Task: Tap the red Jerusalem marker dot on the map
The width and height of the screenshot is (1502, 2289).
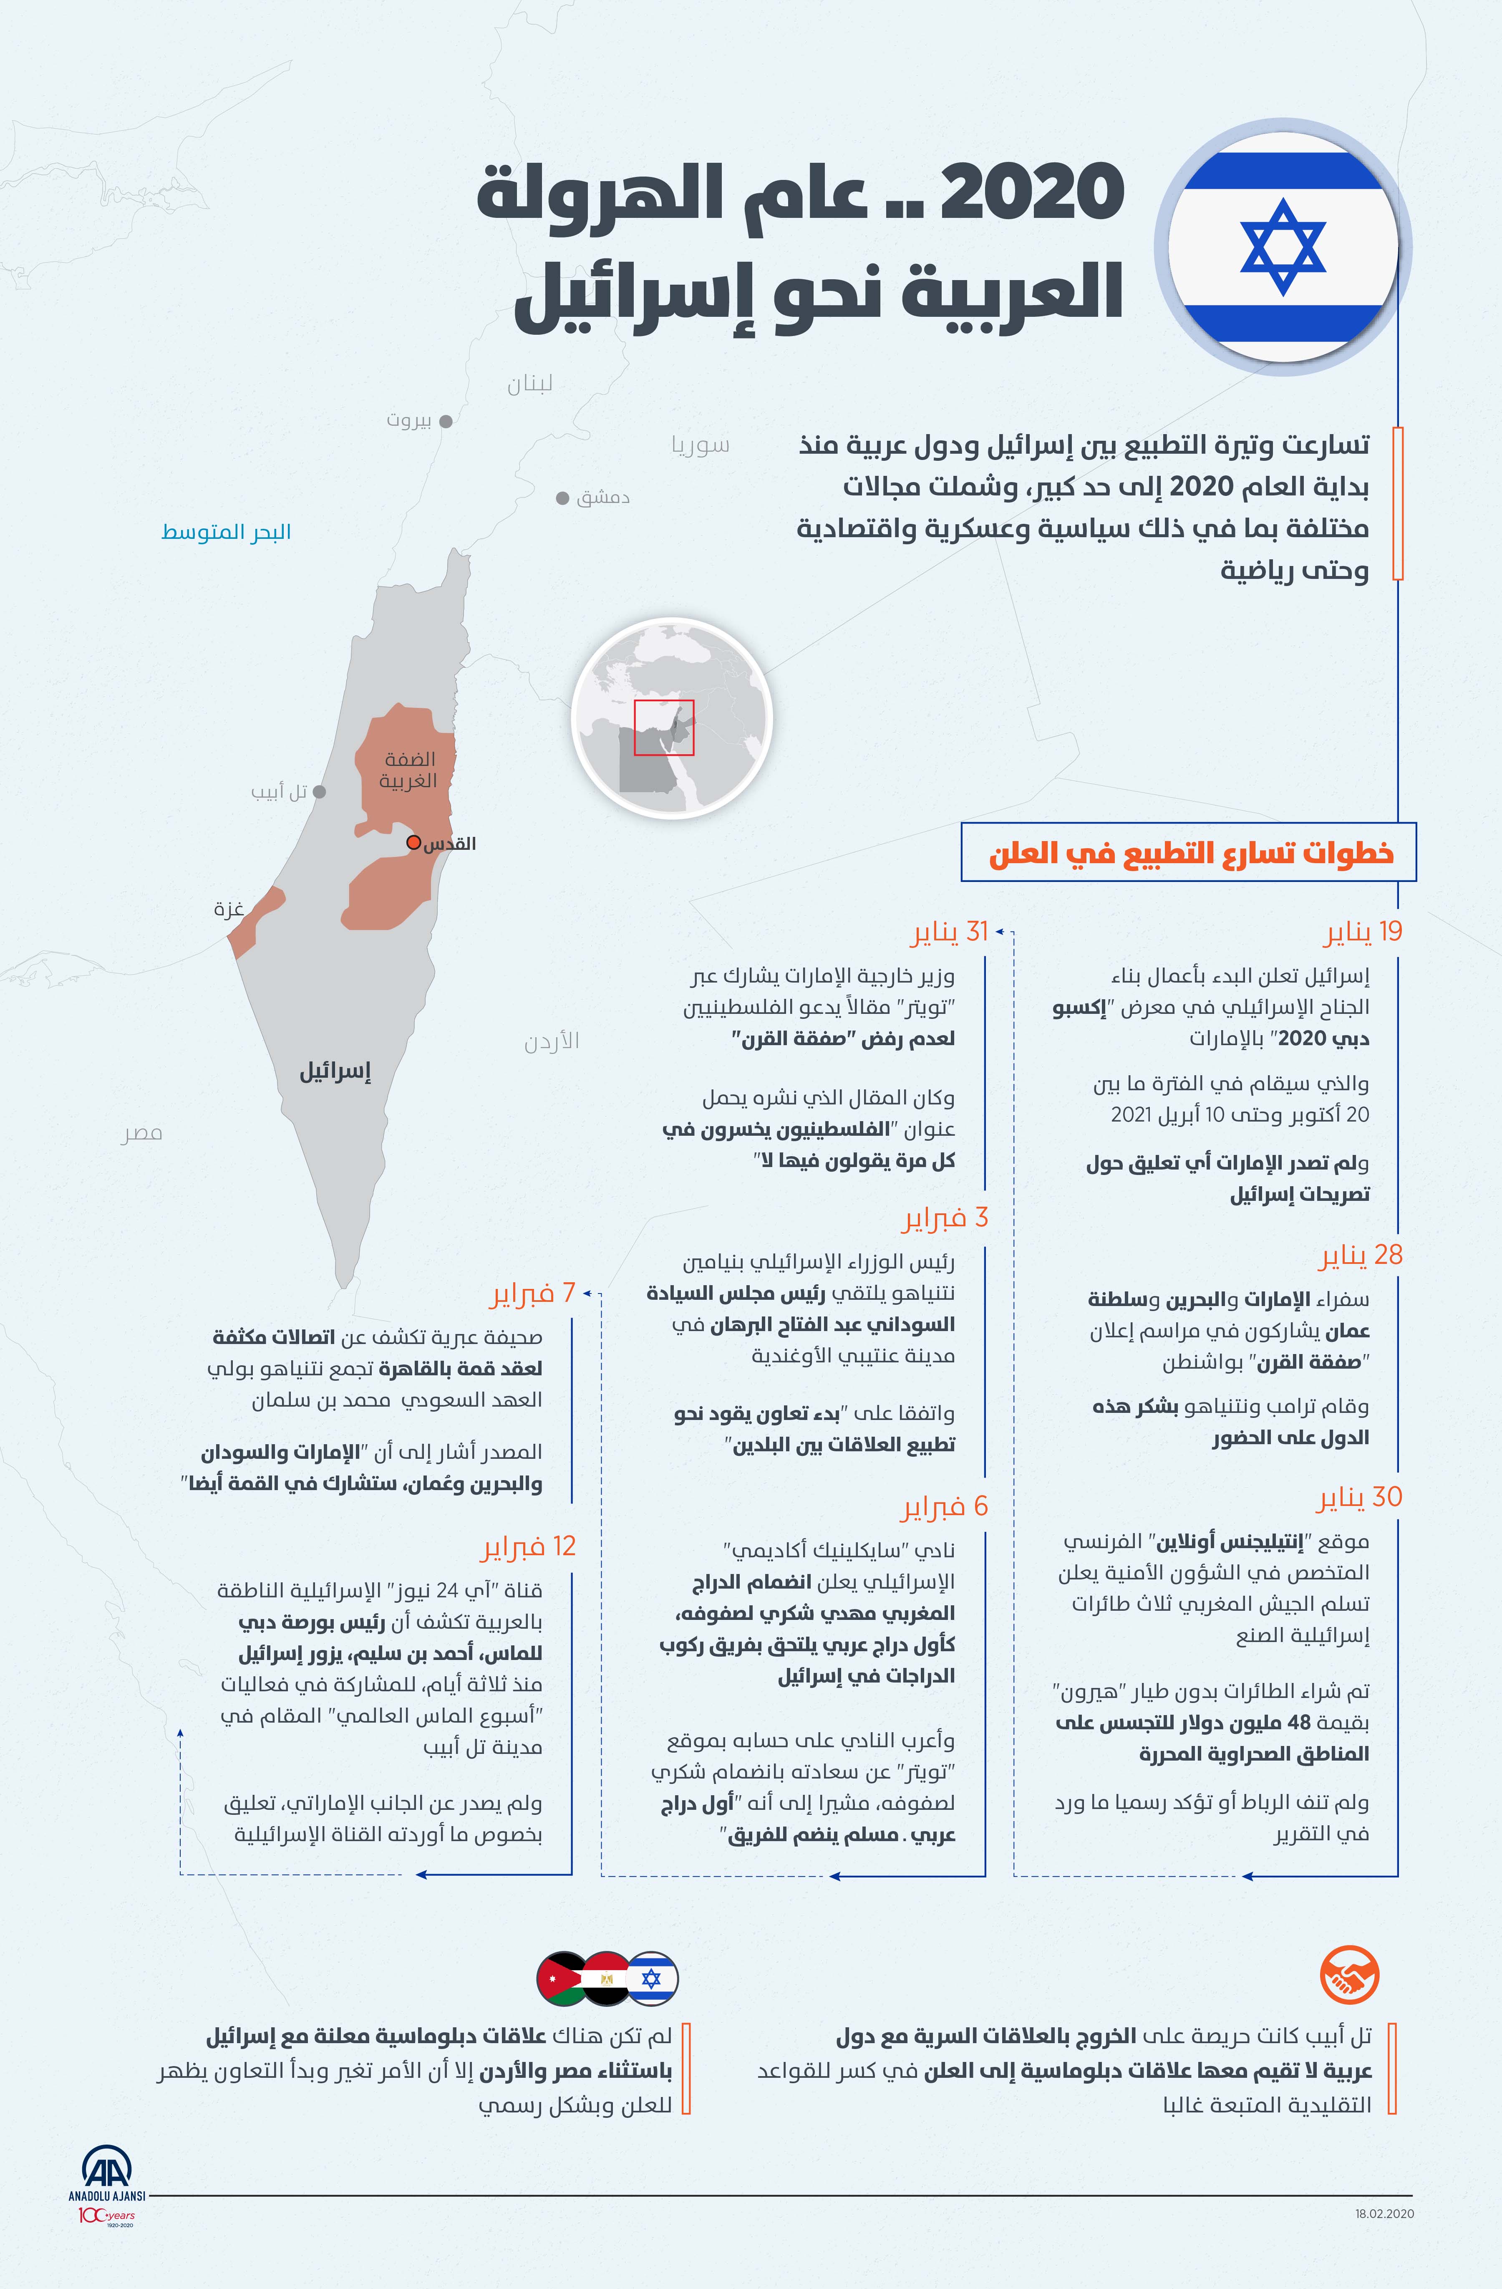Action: pyautogui.click(x=413, y=842)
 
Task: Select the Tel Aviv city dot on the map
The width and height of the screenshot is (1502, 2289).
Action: pyautogui.click(x=319, y=791)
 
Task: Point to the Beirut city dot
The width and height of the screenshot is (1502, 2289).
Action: pyautogui.click(x=445, y=420)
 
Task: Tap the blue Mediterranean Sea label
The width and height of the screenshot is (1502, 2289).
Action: pyautogui.click(x=226, y=532)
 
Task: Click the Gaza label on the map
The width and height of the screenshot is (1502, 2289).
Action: pyautogui.click(x=229, y=909)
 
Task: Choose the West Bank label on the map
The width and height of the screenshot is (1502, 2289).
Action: pyautogui.click(x=409, y=769)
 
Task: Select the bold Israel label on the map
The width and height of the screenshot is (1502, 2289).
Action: pyautogui.click(x=335, y=1071)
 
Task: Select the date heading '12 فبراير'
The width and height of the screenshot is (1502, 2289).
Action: pyautogui.click(x=528, y=1546)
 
